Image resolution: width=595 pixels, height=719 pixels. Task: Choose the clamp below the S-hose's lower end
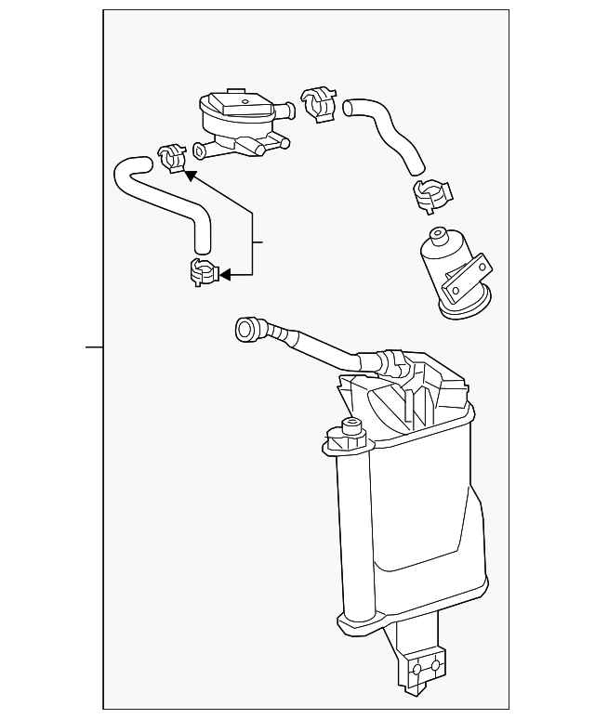203,272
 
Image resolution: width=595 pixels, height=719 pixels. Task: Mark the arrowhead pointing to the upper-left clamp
188,173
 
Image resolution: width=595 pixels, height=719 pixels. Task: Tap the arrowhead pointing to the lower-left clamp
223,274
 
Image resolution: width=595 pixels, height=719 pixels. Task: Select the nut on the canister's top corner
351,428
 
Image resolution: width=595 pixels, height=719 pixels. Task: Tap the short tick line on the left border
94,346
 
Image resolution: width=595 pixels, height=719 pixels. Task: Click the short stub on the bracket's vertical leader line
259,242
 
